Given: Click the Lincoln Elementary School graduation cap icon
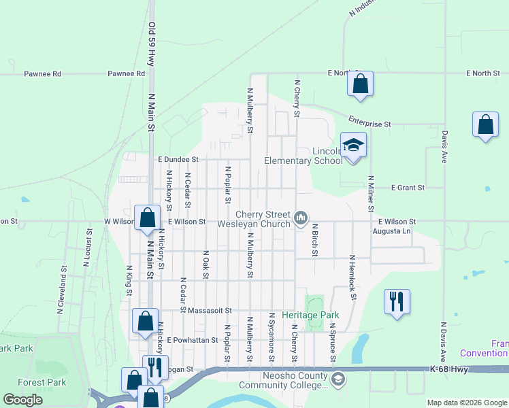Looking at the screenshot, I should pyautogui.click(x=353, y=146).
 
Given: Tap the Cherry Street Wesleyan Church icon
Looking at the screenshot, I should pyautogui.click(x=301, y=218).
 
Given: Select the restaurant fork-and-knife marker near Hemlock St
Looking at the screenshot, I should pyautogui.click(x=397, y=301).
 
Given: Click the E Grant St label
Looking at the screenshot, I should pyautogui.click(x=408, y=187).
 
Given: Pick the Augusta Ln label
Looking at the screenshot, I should pyautogui.click(x=392, y=231).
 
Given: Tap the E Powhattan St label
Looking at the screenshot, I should pyautogui.click(x=187, y=339).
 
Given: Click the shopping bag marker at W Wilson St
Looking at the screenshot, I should pyautogui.click(x=147, y=218).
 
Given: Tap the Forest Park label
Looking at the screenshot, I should pyautogui.click(x=42, y=382).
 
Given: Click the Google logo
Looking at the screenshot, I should pyautogui.click(x=23, y=400).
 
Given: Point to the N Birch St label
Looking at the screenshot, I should pyautogui.click(x=315, y=240).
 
